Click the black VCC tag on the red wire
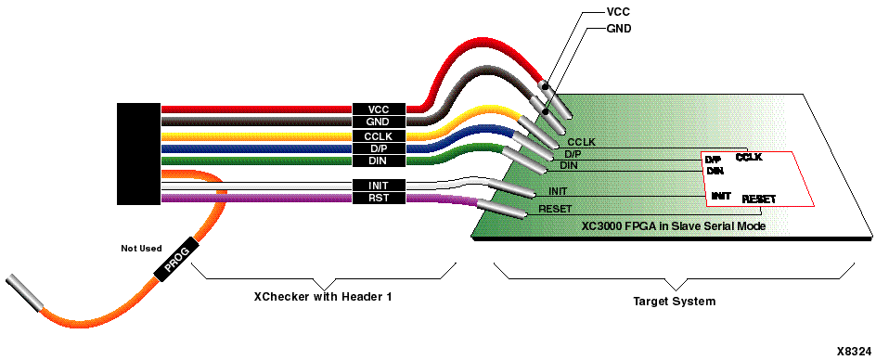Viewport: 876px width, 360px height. click(378, 109)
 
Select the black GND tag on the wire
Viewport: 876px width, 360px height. click(378, 122)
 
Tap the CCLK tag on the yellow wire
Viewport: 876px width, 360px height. click(378, 135)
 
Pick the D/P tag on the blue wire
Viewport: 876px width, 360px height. click(378, 148)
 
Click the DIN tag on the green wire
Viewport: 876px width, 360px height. click(378, 161)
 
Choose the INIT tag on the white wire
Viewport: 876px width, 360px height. click(378, 186)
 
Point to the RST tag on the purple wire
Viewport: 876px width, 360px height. click(378, 198)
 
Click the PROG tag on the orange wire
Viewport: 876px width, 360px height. click(176, 258)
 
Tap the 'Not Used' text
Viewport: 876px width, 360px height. click(141, 248)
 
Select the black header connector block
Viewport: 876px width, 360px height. click(138, 153)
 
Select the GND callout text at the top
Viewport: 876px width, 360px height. click(619, 29)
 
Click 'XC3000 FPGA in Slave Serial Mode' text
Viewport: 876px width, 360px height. click(673, 225)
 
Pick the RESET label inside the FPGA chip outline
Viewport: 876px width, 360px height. click(759, 199)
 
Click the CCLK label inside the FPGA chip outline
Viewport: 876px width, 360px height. click(749, 158)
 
